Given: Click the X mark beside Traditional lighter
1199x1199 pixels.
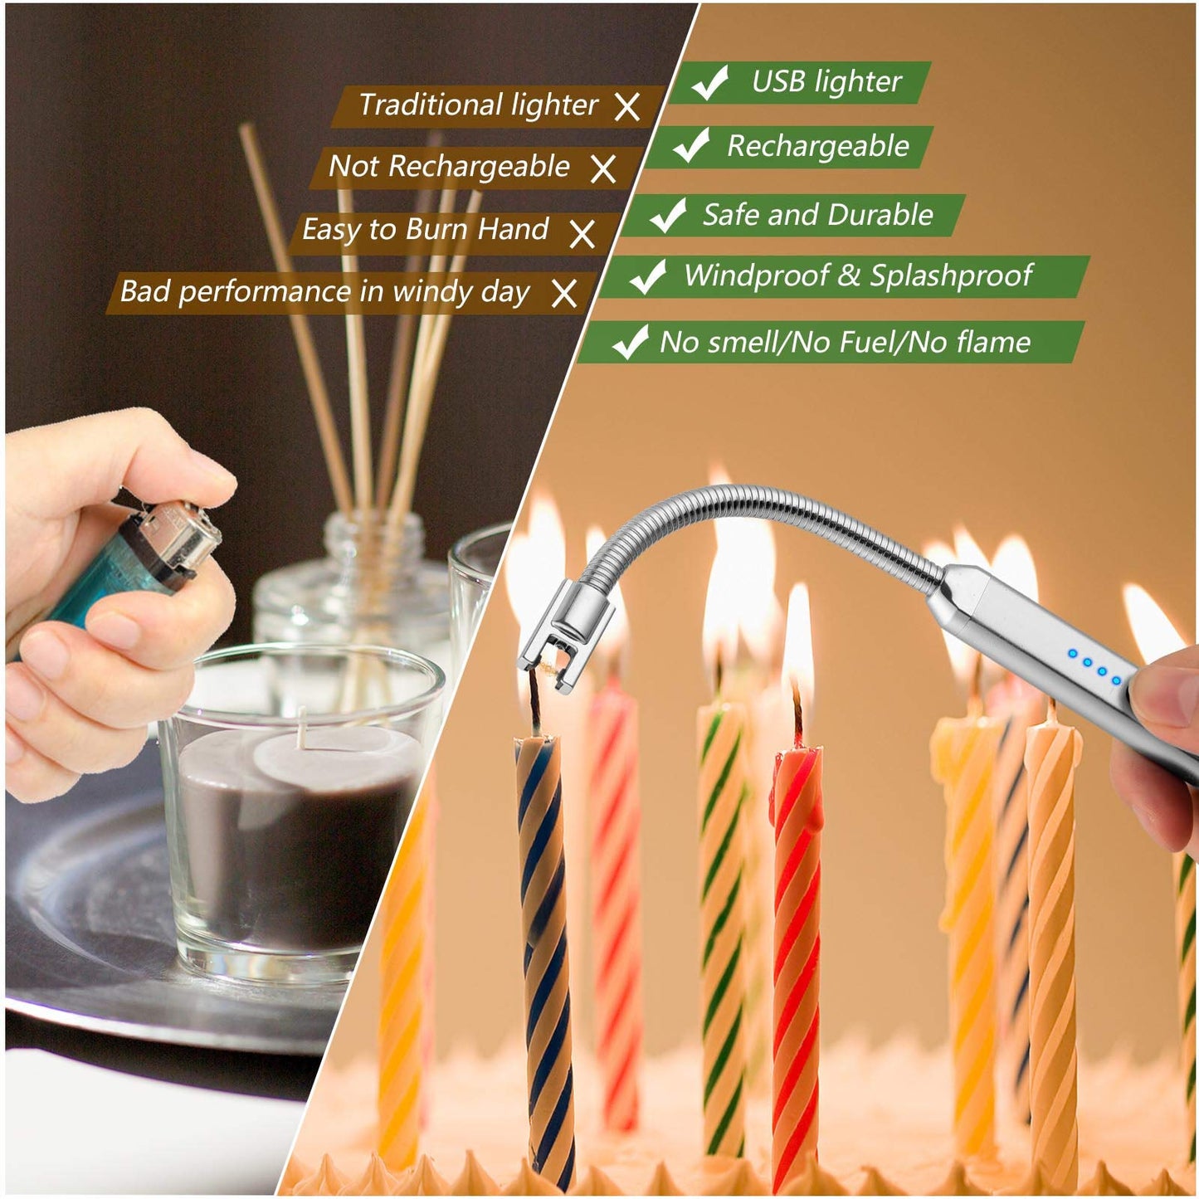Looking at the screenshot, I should coord(627,107).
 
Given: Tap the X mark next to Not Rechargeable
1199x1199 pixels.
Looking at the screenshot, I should coord(603,169).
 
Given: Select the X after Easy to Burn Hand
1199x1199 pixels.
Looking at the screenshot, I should coord(582,233).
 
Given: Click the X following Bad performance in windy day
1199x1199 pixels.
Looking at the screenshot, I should coord(564,293).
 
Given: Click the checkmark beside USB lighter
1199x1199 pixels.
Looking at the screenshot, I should coord(710,82).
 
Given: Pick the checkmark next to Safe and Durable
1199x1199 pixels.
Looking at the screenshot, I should coord(668,215).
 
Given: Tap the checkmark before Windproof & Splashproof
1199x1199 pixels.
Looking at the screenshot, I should coord(648,276).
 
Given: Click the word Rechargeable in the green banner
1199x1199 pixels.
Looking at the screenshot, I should coord(818,146).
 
